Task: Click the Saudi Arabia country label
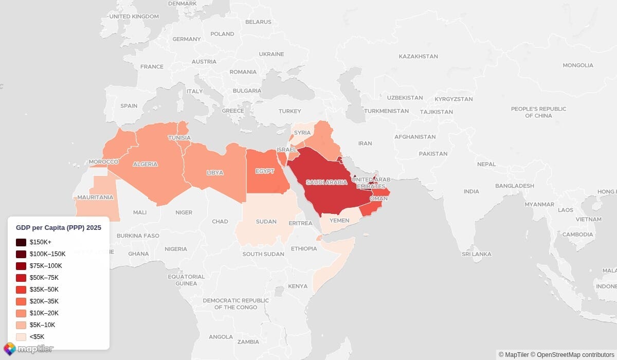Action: tap(326, 182)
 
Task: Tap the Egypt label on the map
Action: tap(265, 171)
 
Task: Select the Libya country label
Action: tap(215, 172)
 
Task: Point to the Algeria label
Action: tap(145, 164)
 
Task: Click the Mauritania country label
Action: tap(95, 197)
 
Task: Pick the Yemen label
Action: tap(339, 220)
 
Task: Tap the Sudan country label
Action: tap(266, 222)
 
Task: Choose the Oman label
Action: tap(379, 199)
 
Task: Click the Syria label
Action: tap(302, 133)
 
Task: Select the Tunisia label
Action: tap(179, 138)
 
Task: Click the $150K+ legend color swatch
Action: tap(21, 242)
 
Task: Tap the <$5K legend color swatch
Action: tap(21, 337)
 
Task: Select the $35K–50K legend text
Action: tap(44, 290)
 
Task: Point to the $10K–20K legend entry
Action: tap(44, 313)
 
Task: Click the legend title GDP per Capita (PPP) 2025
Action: tap(59, 227)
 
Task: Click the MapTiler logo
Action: tap(28, 349)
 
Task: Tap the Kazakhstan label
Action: tap(418, 56)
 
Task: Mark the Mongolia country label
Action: tap(577, 65)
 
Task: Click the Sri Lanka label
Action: tap(476, 254)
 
